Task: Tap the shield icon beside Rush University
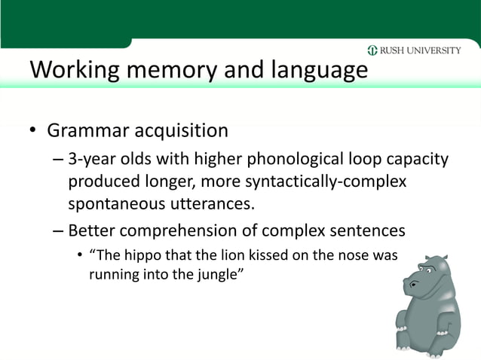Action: (372, 51)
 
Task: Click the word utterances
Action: (213, 204)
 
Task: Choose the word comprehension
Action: (195, 230)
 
